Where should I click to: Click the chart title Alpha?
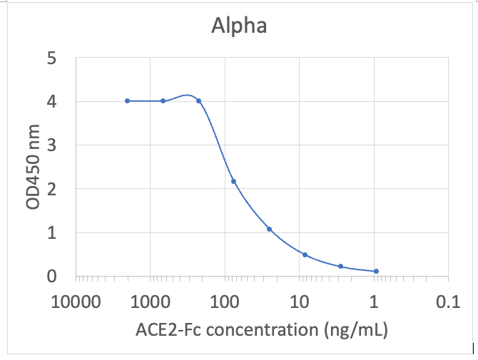click(239, 26)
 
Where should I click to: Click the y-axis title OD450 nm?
click(33, 167)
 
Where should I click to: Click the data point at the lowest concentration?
click(376, 271)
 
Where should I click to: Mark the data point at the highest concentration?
click(128, 101)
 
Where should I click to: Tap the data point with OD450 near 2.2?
click(233, 181)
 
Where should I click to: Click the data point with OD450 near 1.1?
click(269, 229)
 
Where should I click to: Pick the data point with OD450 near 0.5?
click(305, 254)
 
